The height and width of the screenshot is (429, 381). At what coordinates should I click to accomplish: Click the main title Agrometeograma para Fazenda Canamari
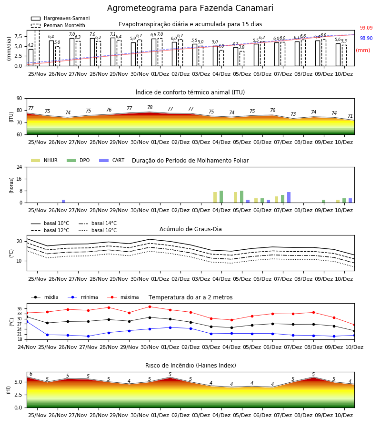point(190,8)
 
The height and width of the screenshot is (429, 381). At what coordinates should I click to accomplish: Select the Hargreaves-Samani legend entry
point(60,18)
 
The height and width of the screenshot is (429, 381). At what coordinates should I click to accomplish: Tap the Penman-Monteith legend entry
point(58,25)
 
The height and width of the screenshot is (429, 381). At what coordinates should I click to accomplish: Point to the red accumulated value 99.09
point(366,28)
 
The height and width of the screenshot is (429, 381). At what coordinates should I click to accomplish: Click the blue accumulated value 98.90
point(366,38)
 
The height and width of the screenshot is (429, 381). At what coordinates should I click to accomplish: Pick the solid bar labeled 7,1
point(113,51)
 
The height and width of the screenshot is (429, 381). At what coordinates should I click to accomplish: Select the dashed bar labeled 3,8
point(242,59)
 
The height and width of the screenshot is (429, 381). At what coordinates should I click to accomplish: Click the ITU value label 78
point(150,107)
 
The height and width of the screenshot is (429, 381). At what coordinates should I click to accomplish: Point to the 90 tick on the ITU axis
point(20,99)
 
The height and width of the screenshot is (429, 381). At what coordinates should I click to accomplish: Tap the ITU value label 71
point(350,116)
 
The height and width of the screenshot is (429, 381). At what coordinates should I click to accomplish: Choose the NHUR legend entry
point(44,160)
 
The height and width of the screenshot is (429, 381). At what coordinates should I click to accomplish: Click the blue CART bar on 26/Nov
point(64,201)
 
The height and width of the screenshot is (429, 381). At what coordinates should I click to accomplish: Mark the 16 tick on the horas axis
point(20,179)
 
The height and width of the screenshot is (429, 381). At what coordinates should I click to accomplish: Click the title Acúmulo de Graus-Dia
point(190,229)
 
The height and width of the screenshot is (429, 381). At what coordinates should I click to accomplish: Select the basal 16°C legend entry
point(98,230)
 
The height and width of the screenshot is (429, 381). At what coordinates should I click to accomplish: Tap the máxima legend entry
point(123,297)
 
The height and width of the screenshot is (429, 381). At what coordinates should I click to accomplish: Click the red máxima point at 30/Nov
point(150,306)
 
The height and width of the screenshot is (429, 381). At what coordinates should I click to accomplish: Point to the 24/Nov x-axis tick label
point(27,347)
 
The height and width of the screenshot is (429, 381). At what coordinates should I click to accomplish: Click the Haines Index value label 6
point(31,374)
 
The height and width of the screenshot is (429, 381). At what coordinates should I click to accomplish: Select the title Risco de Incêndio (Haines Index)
point(190,366)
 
